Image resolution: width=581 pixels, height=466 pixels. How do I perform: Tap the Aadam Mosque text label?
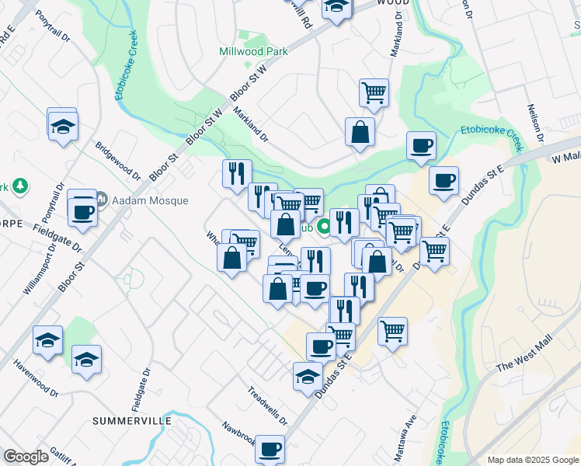point(150,200)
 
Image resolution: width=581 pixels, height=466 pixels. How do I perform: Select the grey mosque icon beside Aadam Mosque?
point(103,200)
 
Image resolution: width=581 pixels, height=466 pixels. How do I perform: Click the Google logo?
point(26,457)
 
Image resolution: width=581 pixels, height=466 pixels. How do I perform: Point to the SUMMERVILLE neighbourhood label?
point(132,420)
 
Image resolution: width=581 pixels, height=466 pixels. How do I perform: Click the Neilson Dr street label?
point(534,123)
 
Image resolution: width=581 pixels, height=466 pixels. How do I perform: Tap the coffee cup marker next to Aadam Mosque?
point(83,210)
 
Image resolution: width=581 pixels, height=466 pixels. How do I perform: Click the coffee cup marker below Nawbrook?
point(270,448)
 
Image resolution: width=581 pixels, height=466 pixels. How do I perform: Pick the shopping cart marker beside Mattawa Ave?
point(393,331)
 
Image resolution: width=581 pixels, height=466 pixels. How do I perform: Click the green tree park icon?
point(21,186)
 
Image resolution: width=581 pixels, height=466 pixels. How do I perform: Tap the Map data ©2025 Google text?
point(533,460)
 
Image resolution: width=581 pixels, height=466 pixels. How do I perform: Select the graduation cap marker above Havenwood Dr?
point(47,340)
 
